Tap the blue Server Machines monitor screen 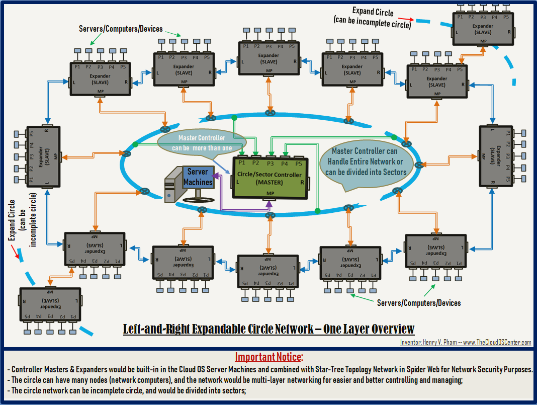coord(198,178)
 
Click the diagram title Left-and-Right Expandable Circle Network coord(269,329)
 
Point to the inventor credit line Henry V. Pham coord(466,343)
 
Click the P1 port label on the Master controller coord(242,163)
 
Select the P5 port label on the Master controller coord(299,163)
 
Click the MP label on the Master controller coord(271,193)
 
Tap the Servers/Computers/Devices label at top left coord(121,29)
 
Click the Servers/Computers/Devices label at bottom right coord(419,303)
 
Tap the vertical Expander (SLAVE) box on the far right coord(496,155)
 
